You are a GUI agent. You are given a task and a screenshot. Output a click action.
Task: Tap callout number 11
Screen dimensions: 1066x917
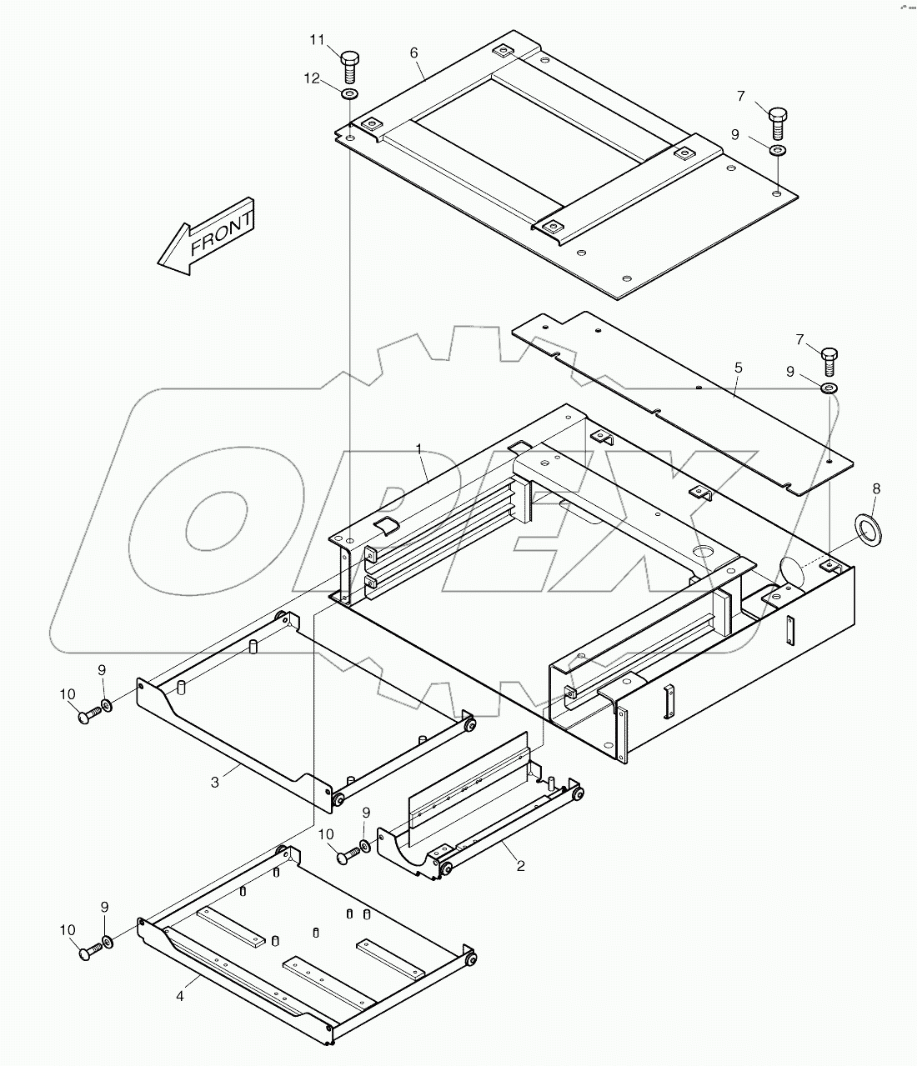point(318,39)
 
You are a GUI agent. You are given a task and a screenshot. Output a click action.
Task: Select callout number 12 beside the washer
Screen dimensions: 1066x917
point(312,78)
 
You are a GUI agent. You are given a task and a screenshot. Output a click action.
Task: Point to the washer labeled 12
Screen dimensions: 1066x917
point(350,92)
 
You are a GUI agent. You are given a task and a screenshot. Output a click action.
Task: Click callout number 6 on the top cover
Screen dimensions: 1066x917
point(413,52)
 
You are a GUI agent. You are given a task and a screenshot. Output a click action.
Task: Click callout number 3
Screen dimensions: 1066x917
point(215,782)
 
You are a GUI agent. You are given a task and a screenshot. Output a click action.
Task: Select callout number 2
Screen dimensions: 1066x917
point(520,866)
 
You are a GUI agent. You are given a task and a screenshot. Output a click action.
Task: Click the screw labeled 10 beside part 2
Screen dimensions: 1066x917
point(347,855)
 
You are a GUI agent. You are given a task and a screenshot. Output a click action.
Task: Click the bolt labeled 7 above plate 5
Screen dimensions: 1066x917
point(830,361)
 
